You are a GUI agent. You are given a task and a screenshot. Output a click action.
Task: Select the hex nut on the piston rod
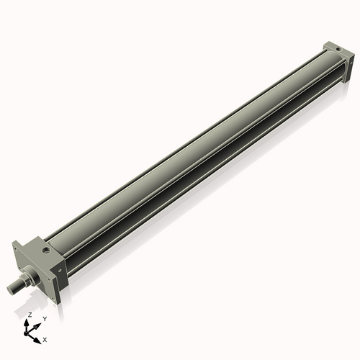26,280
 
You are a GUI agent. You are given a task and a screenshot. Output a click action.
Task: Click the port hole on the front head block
47,250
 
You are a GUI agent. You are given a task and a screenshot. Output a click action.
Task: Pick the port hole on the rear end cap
336,49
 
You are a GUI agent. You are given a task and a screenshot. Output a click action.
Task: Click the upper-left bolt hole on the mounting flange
15,249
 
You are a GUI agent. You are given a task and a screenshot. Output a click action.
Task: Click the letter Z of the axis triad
29,315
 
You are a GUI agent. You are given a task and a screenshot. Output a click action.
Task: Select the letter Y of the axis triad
44,318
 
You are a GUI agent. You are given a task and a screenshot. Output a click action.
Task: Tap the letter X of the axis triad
45,338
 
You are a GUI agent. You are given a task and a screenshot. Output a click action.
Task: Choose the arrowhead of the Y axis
37,323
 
